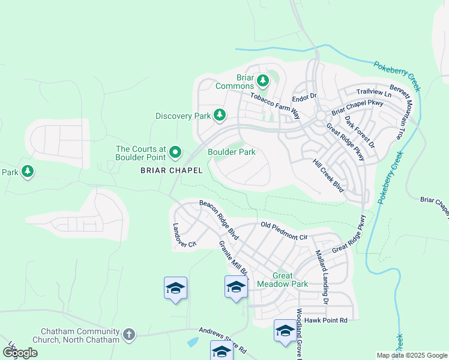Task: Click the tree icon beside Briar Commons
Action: (262, 80)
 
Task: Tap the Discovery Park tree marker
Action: (220, 115)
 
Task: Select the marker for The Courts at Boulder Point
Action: (175, 152)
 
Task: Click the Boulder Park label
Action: (232, 152)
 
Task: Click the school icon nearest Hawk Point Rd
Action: (285, 331)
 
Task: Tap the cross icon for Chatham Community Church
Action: (128, 334)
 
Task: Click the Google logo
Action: (20, 353)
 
